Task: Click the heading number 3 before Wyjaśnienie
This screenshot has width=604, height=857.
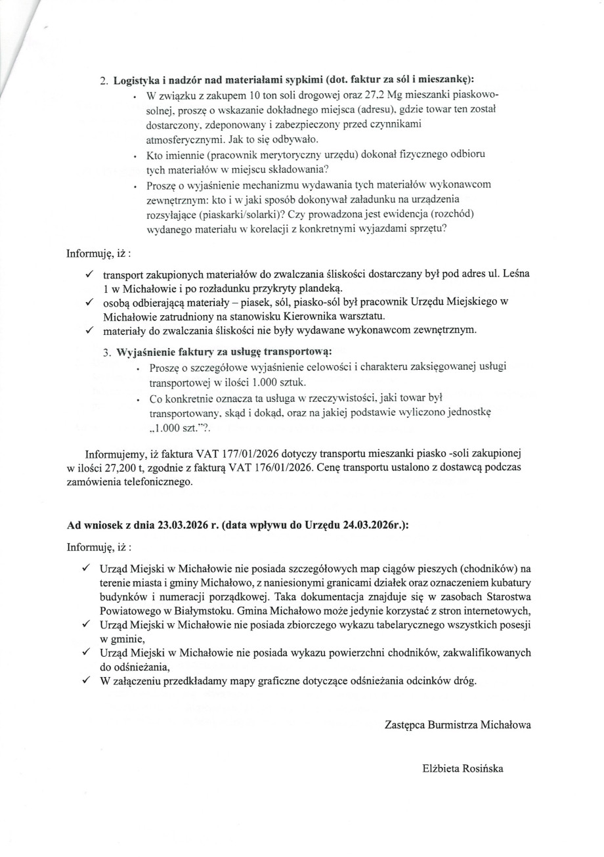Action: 106,351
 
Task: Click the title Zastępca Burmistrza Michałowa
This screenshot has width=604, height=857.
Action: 458,725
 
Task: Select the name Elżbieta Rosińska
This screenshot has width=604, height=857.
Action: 463,768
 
